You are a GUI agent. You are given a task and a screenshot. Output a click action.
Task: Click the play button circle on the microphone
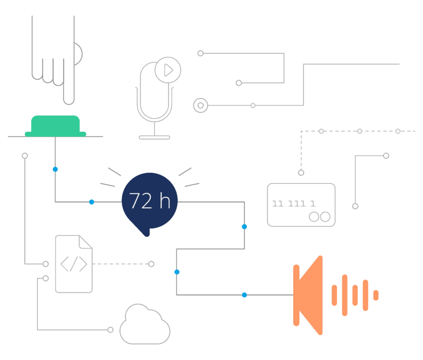pos(168,70)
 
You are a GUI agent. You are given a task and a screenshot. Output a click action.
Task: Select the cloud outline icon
pos(145,325)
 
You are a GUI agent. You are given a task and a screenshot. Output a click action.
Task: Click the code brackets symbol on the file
pos(74,264)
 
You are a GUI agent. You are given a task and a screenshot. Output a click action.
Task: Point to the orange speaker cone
pos(308,295)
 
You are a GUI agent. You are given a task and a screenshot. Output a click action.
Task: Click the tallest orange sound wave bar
pos(344,295)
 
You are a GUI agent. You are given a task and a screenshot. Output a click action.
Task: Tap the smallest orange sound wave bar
pos(376,295)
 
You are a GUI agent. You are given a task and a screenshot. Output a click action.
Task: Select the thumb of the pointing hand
pos(78,54)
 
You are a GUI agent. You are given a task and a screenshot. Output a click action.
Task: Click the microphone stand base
pos(154,137)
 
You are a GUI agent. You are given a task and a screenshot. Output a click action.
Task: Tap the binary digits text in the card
pos(294,203)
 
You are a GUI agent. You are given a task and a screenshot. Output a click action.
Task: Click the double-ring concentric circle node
pos(201,105)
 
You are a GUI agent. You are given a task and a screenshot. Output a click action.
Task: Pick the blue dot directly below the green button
pos(55,169)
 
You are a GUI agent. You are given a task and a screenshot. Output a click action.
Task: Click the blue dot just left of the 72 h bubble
pos(92,202)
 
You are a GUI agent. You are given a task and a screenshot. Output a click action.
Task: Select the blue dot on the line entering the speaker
pos(244,295)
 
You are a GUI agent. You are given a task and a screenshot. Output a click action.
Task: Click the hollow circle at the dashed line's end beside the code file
pos(151,264)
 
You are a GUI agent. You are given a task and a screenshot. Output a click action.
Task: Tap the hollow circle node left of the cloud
pos(110,330)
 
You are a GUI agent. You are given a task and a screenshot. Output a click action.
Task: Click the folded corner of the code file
pos(85,242)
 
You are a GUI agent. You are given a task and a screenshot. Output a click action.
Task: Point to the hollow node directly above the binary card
pos(301,173)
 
